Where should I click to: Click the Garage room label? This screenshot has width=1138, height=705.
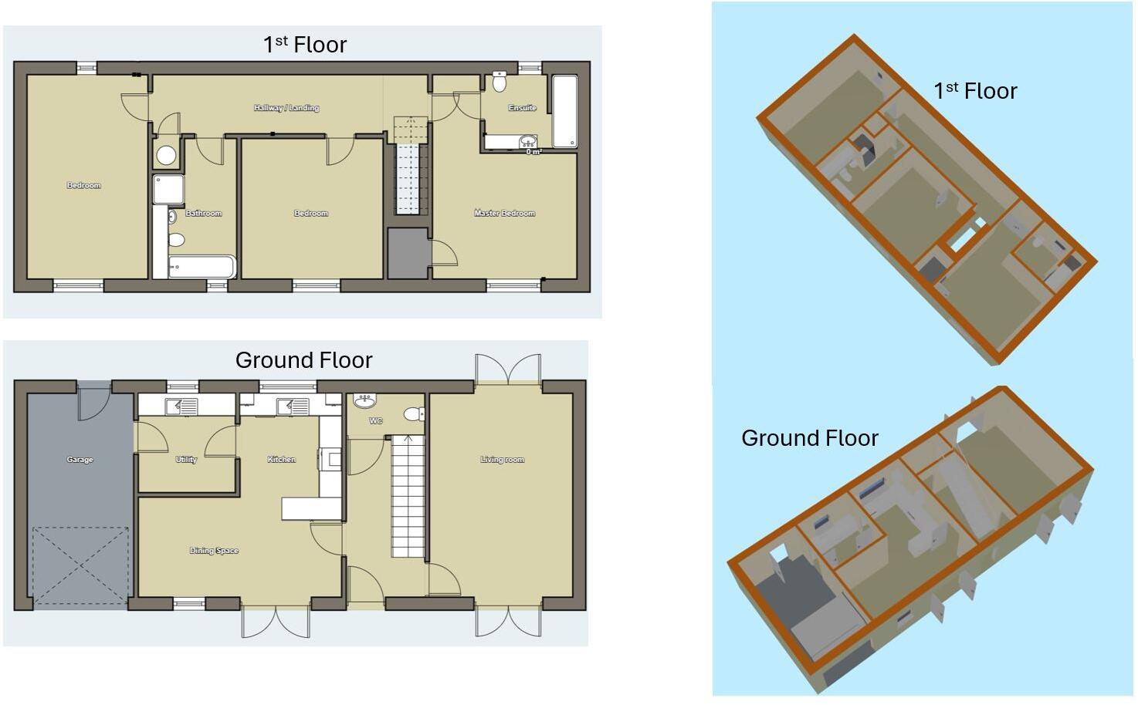pyautogui.click(x=80, y=460)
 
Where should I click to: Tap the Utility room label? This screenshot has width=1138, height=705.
pyautogui.click(x=186, y=460)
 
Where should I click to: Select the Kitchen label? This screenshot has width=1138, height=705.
pyautogui.click(x=282, y=460)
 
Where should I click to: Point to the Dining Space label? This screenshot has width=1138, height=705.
pyautogui.click(x=214, y=551)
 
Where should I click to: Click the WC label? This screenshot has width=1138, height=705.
pyautogui.click(x=376, y=421)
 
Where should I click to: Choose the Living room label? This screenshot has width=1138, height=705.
pyautogui.click(x=503, y=460)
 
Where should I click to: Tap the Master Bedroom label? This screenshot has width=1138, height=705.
pyautogui.click(x=504, y=213)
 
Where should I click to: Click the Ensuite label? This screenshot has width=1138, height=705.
pyautogui.click(x=522, y=108)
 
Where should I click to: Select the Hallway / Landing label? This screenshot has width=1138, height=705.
pyautogui.click(x=286, y=108)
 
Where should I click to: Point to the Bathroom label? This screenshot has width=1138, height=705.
pyautogui.click(x=203, y=213)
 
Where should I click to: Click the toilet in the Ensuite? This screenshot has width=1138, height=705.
pyautogui.click(x=500, y=81)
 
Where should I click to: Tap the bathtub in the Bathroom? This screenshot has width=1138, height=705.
pyautogui.click(x=202, y=267)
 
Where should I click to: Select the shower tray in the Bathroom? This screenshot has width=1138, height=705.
pyautogui.click(x=168, y=189)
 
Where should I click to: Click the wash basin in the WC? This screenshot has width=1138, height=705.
pyautogui.click(x=364, y=401)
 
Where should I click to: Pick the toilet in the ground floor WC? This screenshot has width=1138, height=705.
pyautogui.click(x=414, y=414)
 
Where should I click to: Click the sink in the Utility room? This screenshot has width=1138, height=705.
pyautogui.click(x=181, y=406)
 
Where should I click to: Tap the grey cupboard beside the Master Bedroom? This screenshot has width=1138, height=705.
pyautogui.click(x=408, y=253)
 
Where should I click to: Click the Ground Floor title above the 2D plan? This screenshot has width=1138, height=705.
pyautogui.click(x=304, y=360)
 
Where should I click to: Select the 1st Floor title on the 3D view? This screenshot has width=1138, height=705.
pyautogui.click(x=975, y=91)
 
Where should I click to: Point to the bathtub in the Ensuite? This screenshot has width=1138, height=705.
pyautogui.click(x=565, y=112)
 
